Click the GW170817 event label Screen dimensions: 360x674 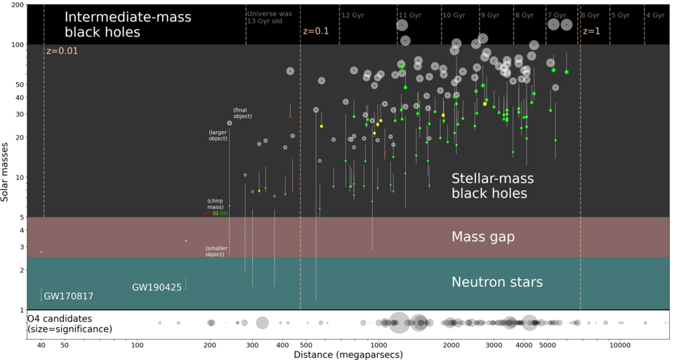(x=68, y=296)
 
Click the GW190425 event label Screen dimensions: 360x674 (x=157, y=287)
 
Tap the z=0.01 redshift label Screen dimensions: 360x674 (x=62, y=51)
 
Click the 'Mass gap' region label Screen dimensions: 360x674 (x=483, y=237)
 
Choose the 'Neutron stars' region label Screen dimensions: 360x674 (x=496, y=282)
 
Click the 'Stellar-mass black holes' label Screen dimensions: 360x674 (x=489, y=186)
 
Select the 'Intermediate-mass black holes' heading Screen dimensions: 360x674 (x=111, y=25)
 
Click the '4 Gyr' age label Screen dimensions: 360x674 (x=654, y=15)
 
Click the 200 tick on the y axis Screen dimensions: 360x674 (x=15, y=5)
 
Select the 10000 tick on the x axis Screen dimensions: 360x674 (x=619, y=345)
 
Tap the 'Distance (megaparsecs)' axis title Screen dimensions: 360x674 (x=348, y=354)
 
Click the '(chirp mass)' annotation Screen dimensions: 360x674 (x=216, y=204)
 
